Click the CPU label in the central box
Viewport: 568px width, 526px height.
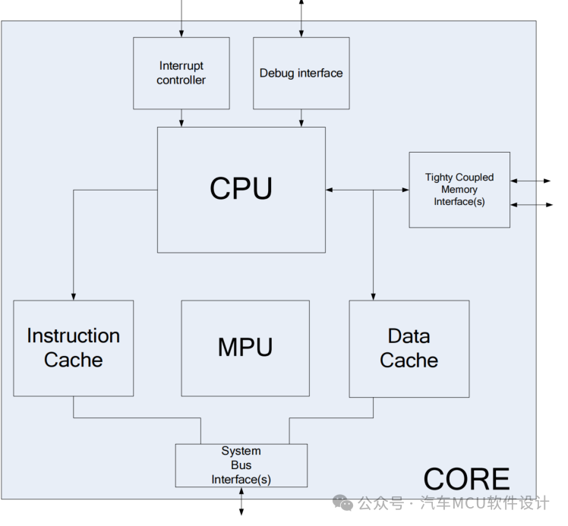241,188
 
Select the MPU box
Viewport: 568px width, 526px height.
245,348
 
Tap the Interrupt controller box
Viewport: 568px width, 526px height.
181,74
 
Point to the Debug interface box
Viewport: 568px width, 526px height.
301,74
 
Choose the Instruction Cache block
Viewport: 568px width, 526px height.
73,348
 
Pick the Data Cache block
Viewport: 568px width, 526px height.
409,348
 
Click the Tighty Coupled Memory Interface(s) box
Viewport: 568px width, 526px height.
459,189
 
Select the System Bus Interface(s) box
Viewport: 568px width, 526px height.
241,465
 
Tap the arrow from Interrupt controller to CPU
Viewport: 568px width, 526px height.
181,118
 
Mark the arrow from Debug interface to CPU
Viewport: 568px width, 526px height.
301,118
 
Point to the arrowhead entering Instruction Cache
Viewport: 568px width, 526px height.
74,295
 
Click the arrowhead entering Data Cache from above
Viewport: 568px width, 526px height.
373,295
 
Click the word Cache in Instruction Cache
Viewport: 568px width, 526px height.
73,360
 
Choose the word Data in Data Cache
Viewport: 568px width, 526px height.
409,335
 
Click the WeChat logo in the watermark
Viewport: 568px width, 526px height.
345,503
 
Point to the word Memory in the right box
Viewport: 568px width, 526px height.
459,189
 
